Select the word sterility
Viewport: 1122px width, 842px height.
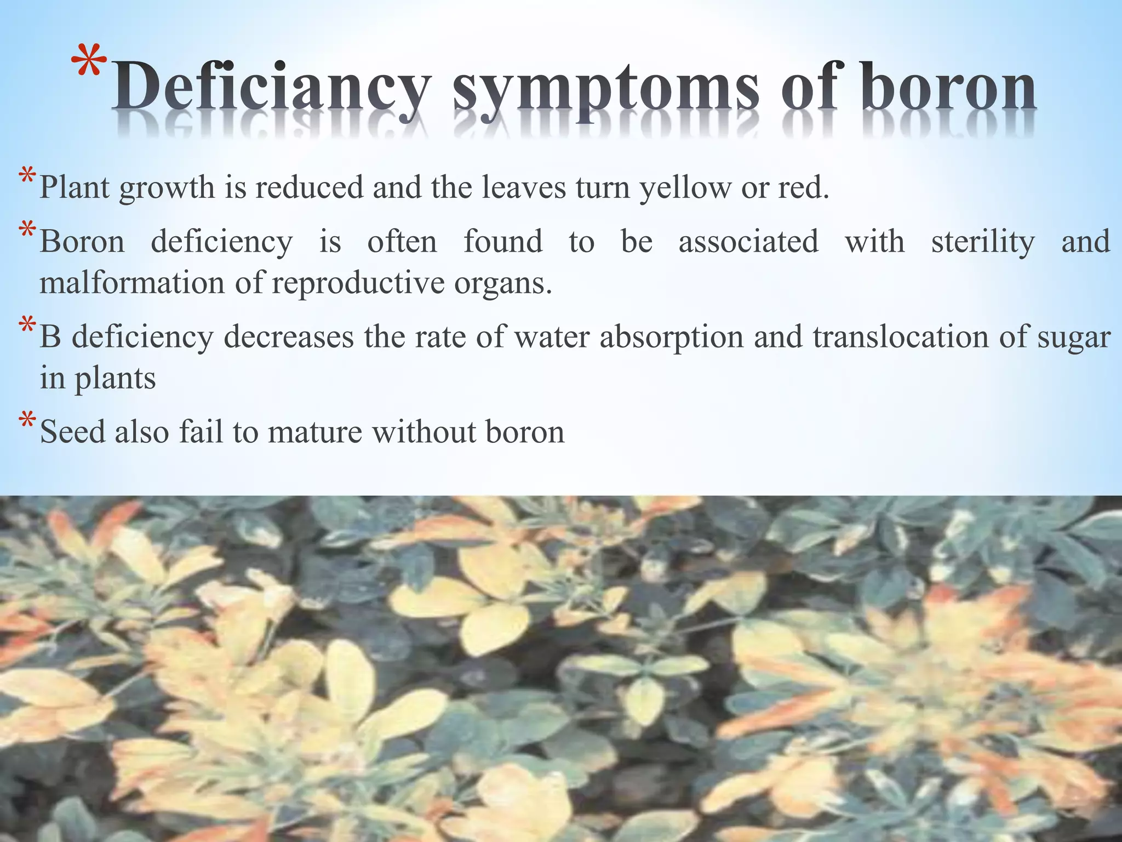point(983,242)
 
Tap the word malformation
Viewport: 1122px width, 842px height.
point(132,283)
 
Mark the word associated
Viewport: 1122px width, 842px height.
point(748,242)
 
